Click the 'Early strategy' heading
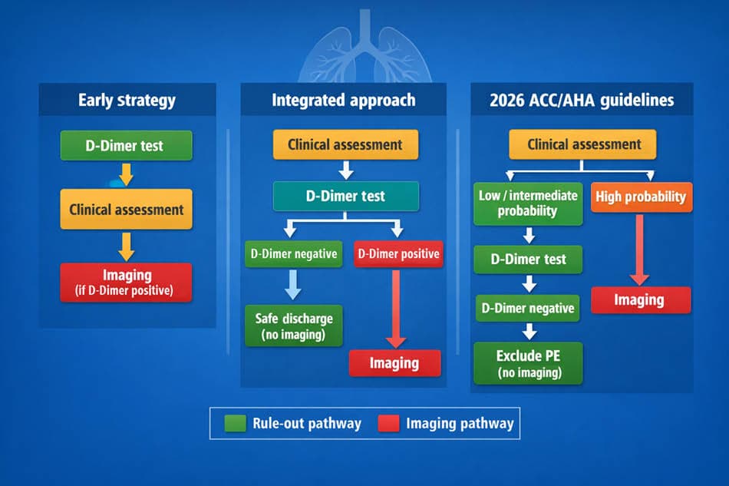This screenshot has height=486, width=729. (x=127, y=101)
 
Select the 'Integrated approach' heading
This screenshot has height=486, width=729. (x=344, y=101)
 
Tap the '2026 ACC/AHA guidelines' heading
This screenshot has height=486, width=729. (x=582, y=101)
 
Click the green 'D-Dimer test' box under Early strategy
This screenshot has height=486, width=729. (x=126, y=146)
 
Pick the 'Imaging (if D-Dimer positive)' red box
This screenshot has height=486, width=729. (x=126, y=283)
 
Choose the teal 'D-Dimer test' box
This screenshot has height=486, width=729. (x=346, y=197)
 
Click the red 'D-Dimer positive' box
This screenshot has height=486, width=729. (x=398, y=254)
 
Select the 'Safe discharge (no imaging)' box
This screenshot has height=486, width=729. (x=294, y=326)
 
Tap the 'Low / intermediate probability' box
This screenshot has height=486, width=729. (x=528, y=203)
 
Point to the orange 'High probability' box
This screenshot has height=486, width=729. (x=642, y=197)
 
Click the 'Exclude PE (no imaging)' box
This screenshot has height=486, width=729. (x=528, y=363)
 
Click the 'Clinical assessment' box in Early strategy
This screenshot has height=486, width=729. (x=126, y=210)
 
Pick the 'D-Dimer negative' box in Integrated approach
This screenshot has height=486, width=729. (x=294, y=254)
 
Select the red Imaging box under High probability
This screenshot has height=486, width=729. (x=641, y=300)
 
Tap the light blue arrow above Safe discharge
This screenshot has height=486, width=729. (x=293, y=285)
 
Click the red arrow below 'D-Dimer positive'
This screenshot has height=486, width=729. (x=396, y=309)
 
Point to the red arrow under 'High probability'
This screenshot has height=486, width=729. (x=640, y=250)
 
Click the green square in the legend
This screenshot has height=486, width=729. (x=236, y=424)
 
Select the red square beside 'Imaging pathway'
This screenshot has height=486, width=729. (x=389, y=424)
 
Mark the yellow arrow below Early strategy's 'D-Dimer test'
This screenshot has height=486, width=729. (x=126, y=174)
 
